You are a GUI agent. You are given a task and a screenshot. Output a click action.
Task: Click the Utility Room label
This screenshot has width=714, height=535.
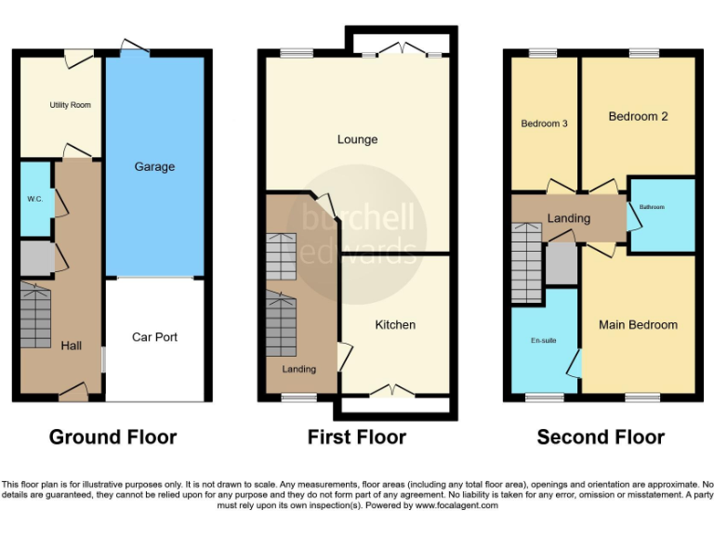click(x=70, y=105)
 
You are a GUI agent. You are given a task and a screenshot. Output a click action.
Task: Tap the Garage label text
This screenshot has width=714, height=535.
click(x=154, y=166)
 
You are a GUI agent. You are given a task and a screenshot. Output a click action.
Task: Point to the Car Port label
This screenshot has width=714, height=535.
click(x=154, y=337)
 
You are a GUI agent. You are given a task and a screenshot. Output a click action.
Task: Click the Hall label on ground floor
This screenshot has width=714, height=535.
click(x=72, y=346)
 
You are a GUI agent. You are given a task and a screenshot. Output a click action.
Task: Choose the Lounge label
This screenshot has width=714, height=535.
click(x=357, y=139)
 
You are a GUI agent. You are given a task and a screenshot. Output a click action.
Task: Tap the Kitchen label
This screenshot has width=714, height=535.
click(x=395, y=324)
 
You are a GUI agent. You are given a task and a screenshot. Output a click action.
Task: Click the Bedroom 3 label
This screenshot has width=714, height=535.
click(x=544, y=124)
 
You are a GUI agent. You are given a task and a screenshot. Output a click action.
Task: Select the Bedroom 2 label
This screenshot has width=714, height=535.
click(x=639, y=116)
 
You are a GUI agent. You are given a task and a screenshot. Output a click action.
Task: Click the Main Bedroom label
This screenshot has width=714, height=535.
click(x=638, y=324)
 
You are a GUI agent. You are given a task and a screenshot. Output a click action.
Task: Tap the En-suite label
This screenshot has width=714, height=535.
click(x=544, y=341)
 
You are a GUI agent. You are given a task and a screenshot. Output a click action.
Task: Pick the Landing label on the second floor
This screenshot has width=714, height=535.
click(x=568, y=218)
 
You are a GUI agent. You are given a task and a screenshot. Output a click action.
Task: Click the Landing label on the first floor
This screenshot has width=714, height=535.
click(x=299, y=369)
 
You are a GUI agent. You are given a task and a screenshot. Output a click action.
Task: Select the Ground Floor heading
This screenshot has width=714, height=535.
click(x=112, y=437)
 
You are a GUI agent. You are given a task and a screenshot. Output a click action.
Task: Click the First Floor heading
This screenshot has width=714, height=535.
click(x=357, y=437)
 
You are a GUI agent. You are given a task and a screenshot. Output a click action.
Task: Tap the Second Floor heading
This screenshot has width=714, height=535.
click(x=601, y=437)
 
